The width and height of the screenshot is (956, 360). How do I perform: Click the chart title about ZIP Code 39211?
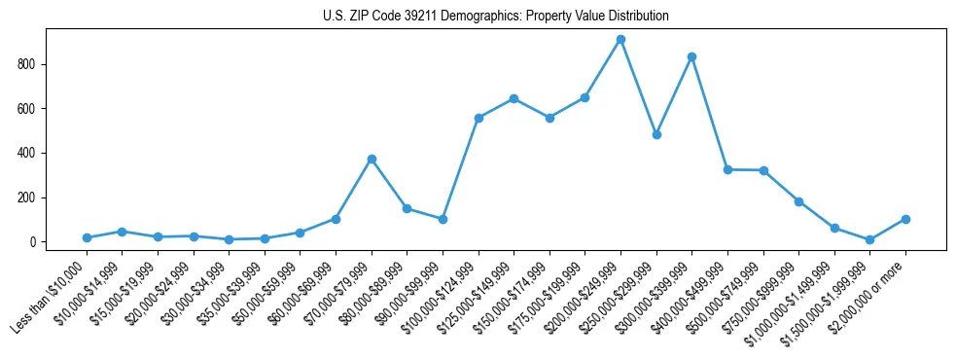click(x=495, y=17)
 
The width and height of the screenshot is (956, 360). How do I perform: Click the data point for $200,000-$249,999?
click(x=620, y=40)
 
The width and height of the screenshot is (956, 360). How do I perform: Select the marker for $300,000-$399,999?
click(x=691, y=57)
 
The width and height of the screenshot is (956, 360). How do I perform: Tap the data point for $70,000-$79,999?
click(x=372, y=160)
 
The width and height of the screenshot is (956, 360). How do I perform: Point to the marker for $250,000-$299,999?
click(x=656, y=134)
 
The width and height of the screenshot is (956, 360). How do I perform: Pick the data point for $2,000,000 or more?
click(x=905, y=219)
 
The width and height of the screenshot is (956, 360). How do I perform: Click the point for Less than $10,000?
click(x=87, y=237)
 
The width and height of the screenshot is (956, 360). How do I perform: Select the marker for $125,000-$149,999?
click(x=513, y=98)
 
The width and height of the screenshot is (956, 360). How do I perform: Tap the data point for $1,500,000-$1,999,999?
click(x=869, y=239)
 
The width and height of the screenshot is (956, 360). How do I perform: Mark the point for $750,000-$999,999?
click(x=798, y=201)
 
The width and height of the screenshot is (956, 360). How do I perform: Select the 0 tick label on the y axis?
click(x=33, y=242)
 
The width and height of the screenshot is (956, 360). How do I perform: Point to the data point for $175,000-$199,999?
click(x=584, y=97)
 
